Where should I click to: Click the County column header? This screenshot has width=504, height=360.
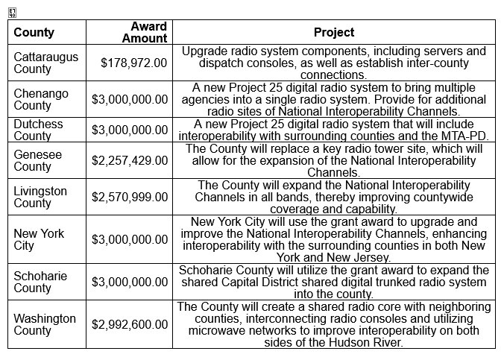[34, 33]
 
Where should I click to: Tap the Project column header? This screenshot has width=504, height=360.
[334, 33]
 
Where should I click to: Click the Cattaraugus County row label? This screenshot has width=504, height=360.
[45, 63]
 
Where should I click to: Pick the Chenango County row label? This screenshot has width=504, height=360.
[41, 100]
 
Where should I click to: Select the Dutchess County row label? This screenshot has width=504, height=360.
[38, 130]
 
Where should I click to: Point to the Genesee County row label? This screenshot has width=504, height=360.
[38, 161]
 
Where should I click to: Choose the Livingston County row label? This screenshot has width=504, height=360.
[40, 198]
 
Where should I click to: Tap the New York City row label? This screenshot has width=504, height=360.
[39, 240]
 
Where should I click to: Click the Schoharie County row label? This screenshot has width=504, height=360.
[40, 282]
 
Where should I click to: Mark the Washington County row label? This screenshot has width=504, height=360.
[45, 325]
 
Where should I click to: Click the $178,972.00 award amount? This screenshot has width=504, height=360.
[134, 63]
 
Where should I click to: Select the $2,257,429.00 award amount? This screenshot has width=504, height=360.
[130, 161]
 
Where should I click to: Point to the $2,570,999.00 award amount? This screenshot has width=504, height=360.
[130, 198]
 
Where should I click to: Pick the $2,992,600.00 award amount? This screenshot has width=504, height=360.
[130, 325]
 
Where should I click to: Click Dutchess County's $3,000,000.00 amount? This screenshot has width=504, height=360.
[130, 130]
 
